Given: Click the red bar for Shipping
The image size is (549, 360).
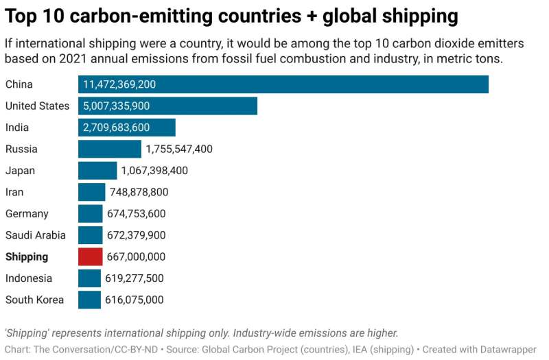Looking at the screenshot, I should [x=90, y=256].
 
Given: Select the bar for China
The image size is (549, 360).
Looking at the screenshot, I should [x=283, y=84].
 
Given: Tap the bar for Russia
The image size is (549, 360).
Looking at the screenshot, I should [x=109, y=149].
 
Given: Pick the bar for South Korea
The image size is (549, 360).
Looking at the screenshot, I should [x=89, y=300].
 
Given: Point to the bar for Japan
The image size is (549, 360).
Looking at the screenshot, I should [x=97, y=171].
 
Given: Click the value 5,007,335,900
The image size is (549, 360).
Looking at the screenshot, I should [x=116, y=106].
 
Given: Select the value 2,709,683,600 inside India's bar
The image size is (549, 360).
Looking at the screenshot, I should [x=116, y=128].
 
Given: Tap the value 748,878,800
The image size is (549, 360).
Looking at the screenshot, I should [x=139, y=192].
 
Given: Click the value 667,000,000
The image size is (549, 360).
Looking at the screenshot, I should [x=136, y=256].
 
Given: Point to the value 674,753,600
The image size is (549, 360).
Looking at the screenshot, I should [x=136, y=214].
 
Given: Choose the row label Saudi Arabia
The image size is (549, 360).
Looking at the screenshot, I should [x=36, y=235].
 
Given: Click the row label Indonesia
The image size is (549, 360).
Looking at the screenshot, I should [x=29, y=278].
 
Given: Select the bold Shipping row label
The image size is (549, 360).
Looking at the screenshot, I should [x=27, y=256].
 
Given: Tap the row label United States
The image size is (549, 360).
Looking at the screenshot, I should [x=37, y=106].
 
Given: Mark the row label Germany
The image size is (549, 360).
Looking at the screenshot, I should [x=27, y=214].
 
